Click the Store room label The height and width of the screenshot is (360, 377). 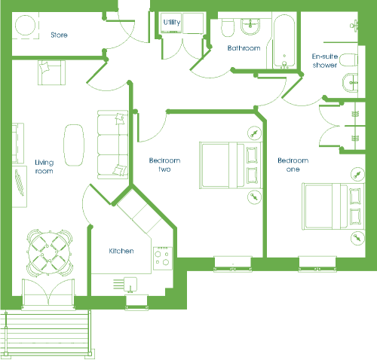click(59, 35)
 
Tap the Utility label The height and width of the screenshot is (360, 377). click(172, 23)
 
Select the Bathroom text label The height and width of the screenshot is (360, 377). click(244, 48)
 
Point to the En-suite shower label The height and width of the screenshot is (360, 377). click(325, 60)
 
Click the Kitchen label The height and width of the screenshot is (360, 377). click(121, 251)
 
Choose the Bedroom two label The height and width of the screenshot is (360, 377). click(164, 165)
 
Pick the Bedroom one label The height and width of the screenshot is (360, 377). click(293, 165)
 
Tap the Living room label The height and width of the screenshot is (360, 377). click(44, 166)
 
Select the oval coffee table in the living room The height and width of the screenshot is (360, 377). click(74, 145)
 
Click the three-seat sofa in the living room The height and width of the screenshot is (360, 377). click(112, 145)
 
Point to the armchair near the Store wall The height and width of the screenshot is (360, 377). click(52, 72)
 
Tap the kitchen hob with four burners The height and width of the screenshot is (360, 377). click(163, 258)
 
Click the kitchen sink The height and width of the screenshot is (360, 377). click(130, 284)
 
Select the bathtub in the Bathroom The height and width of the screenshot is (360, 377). click(284, 41)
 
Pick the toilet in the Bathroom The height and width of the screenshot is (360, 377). click(228, 27)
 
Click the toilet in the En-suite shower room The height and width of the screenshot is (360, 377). click(349, 60)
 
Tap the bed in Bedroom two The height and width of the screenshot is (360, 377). click(231, 165)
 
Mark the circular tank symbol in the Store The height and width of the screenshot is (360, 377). click(25, 26)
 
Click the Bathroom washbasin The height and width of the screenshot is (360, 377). click(250, 26)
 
